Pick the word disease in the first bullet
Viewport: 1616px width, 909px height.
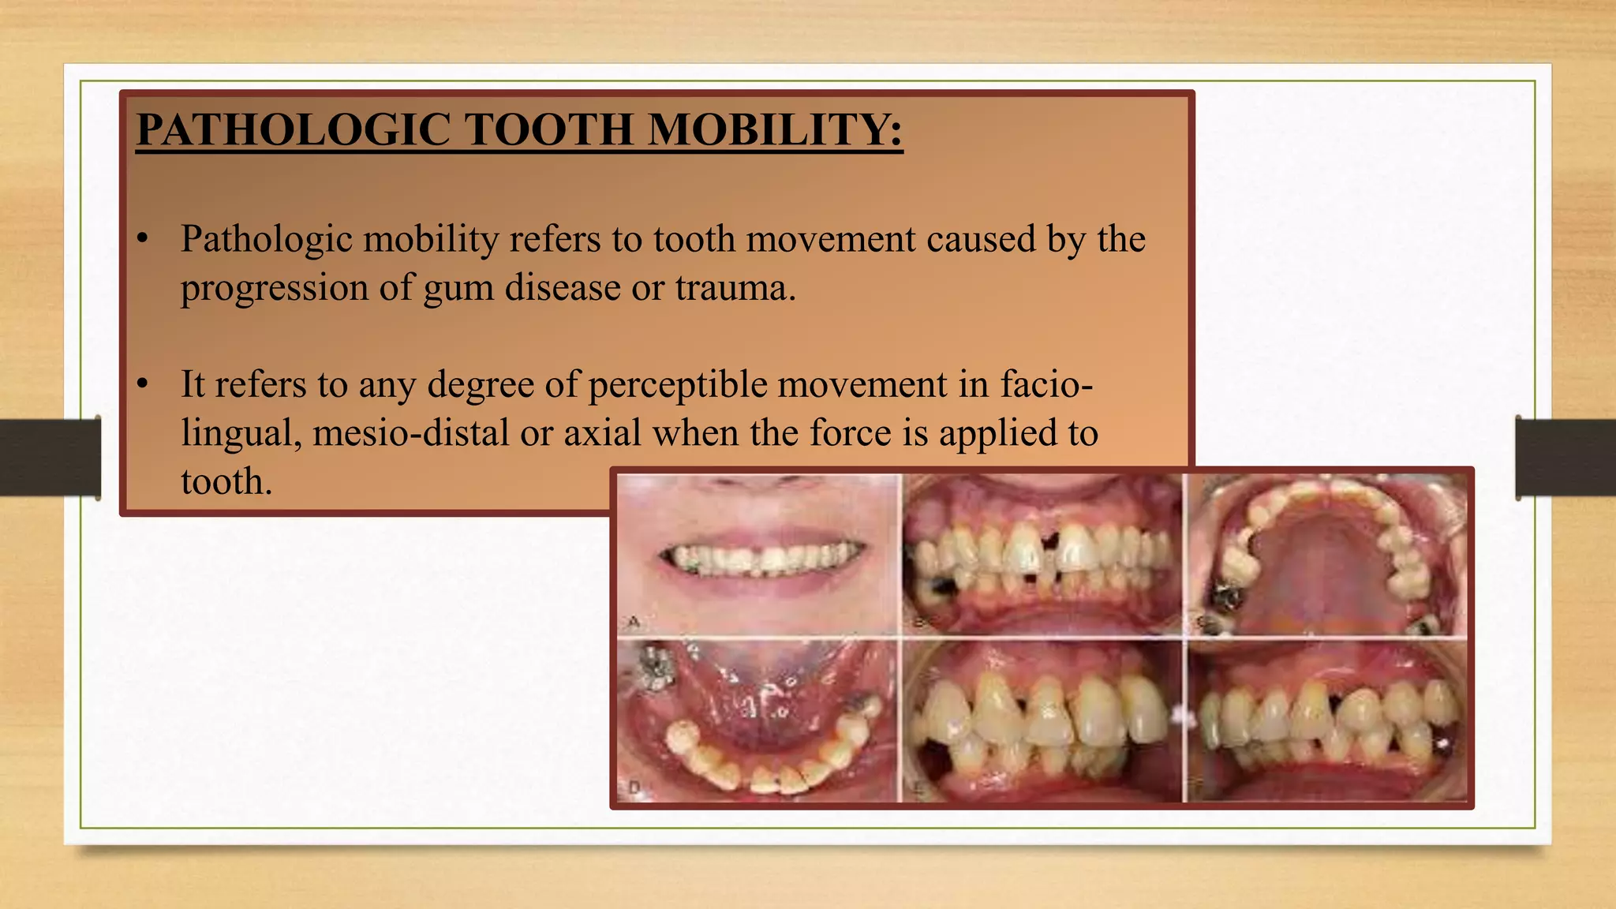pyautogui.click(x=563, y=287)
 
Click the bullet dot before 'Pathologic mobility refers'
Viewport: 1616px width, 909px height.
pyautogui.click(x=142, y=239)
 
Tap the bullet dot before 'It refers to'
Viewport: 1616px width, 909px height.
pyautogui.click(x=142, y=384)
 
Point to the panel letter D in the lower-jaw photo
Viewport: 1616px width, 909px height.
pyautogui.click(x=634, y=787)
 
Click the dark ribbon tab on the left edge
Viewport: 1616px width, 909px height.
pyautogui.click(x=50, y=457)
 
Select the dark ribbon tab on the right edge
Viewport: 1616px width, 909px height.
pyautogui.click(x=1565, y=457)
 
